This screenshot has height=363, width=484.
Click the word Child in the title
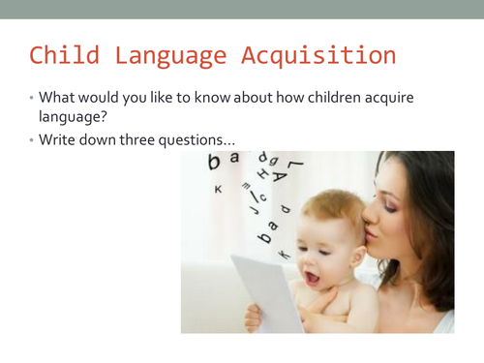coord(62,54)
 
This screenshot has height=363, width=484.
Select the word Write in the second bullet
coord(58,140)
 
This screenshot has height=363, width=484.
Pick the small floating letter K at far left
coord(218,189)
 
